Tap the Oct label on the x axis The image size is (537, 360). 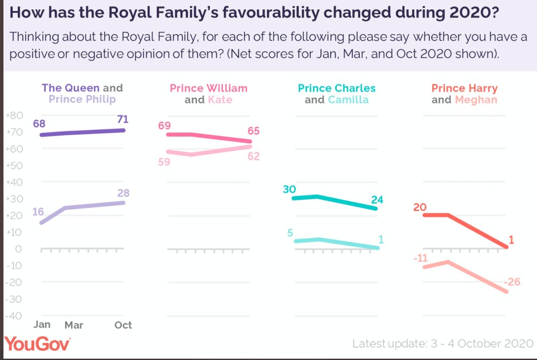click(123, 325)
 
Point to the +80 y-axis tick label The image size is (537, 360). click(13, 116)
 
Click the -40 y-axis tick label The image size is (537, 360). click(13, 315)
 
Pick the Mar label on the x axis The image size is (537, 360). click(74, 325)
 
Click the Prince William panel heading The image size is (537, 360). click(208, 88)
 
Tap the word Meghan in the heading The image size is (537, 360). click(476, 99)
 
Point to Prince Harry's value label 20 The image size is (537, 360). click(420, 207)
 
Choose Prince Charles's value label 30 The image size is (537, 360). click(290, 189)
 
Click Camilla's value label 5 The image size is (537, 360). click(290, 233)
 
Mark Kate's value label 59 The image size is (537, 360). click(164, 161)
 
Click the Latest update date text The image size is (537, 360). click(442, 343)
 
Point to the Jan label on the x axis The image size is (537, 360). click(42, 325)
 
